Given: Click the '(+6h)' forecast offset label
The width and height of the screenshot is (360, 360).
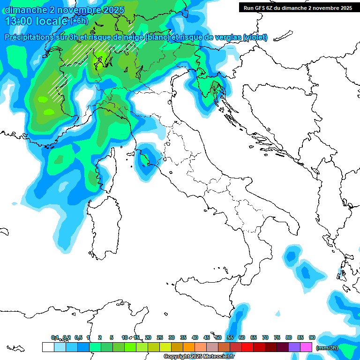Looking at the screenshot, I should coord(79,21).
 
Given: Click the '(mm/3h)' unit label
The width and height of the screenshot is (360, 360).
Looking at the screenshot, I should coord(327,347).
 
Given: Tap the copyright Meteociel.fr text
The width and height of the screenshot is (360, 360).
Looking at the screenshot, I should coord(199,357).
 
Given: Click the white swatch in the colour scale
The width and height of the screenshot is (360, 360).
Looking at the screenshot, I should coord(48,347).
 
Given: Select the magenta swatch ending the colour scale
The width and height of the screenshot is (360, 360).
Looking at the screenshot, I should coord(306,347).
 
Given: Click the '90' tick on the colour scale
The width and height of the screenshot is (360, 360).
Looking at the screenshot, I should coord(312,337).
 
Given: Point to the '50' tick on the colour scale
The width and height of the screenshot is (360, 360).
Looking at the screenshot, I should coord(218,337).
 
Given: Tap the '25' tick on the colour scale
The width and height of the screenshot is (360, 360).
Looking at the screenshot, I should coord(160,337).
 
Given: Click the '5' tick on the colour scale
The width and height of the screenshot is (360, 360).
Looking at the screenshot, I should coord(112,337).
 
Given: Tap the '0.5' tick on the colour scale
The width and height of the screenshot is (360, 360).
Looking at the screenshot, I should coord(78,337).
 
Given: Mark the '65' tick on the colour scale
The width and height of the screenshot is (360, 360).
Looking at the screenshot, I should coord(254,337).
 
